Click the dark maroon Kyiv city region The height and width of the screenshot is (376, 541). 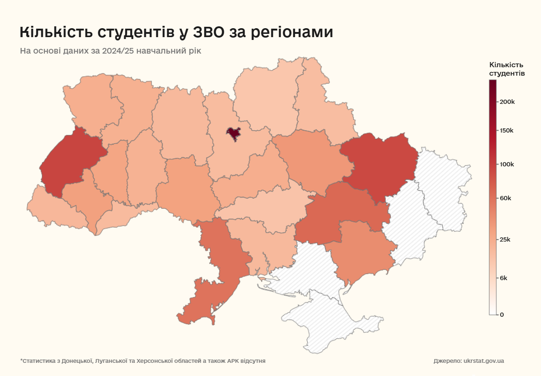click(x=233, y=133)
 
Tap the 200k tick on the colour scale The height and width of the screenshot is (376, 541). click(x=507, y=102)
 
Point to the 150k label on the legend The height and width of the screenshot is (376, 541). click(x=507, y=130)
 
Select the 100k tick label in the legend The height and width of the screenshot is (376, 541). click(x=507, y=164)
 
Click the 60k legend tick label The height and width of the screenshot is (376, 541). click(x=505, y=198)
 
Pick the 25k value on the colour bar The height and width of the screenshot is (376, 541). click(x=505, y=239)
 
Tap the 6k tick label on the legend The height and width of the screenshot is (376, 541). click(x=503, y=278)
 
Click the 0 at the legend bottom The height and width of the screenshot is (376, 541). click(x=501, y=314)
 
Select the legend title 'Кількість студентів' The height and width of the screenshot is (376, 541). click(x=507, y=69)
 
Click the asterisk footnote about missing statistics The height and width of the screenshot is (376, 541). click(x=143, y=361)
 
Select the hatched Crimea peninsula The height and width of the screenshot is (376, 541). click(x=329, y=324)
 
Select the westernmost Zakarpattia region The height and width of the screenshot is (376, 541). click(x=52, y=207)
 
